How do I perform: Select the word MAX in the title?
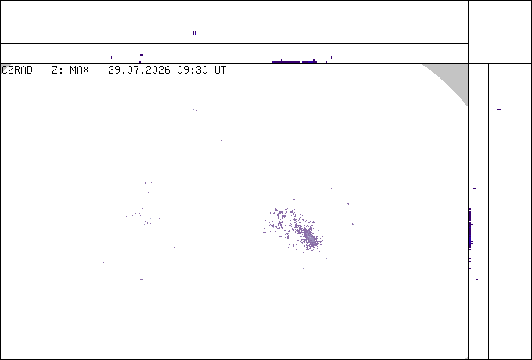79,70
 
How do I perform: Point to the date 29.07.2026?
139,70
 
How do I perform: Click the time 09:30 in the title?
192,70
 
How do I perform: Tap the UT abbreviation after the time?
220,70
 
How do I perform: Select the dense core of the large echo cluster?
310,237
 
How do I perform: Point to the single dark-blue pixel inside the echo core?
308,236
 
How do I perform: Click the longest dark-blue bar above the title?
286,62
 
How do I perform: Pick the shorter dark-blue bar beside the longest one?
309,62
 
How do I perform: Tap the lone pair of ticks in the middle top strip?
194,33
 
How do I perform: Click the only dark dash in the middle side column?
499,110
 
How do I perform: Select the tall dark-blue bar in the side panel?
469,229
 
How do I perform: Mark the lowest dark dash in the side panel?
476,279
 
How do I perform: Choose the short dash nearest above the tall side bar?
474,188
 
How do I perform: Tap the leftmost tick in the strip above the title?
111,57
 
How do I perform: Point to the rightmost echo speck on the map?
353,224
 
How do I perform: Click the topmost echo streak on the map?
195,110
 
